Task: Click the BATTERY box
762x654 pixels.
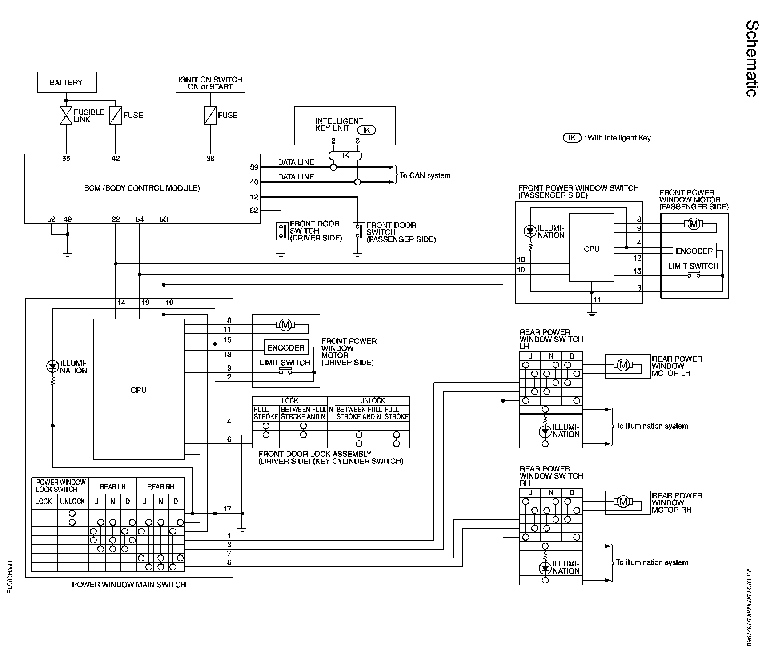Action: [67, 83]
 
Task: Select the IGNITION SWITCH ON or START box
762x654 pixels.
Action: [210, 83]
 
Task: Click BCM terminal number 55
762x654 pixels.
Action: [66, 159]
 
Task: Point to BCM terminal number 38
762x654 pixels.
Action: [210, 159]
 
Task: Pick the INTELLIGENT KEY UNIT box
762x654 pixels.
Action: [345, 125]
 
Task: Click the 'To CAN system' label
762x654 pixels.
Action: [425, 175]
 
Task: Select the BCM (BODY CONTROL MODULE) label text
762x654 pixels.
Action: [142, 188]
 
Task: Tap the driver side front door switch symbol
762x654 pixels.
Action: [281, 231]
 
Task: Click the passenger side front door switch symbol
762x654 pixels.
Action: [357, 231]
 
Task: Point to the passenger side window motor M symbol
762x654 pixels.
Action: [694, 224]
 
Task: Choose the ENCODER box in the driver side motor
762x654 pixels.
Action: [286, 348]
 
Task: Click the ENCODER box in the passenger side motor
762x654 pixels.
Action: [694, 251]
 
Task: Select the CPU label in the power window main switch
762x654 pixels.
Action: [138, 390]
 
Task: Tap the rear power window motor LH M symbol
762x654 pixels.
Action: [623, 365]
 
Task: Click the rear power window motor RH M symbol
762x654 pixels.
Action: [623, 502]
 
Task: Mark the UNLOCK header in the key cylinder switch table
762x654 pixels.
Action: [372, 400]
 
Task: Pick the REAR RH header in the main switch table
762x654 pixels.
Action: [160, 487]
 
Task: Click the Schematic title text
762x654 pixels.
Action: [751, 64]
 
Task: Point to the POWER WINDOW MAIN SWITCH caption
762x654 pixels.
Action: [129, 585]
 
